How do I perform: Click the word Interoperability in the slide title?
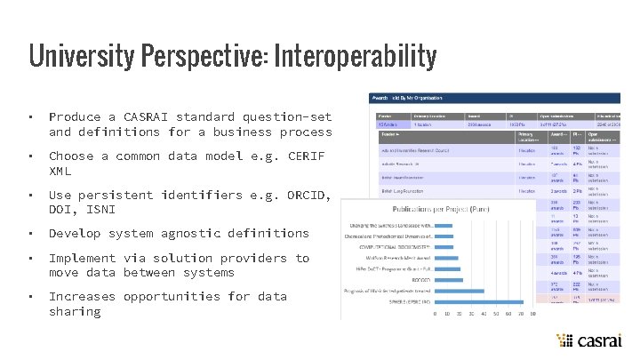click(356, 57)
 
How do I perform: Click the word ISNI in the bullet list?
click(105, 209)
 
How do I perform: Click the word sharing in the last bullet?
click(75, 311)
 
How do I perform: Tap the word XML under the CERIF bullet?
click(60, 171)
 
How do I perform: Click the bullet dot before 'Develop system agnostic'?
click(30, 234)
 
